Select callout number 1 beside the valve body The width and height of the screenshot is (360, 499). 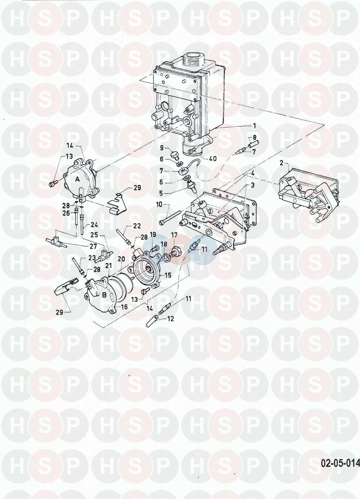(x=254, y=126)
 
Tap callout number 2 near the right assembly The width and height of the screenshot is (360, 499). (x=282, y=163)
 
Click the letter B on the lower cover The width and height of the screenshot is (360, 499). (x=104, y=295)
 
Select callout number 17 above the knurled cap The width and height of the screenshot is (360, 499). (x=174, y=235)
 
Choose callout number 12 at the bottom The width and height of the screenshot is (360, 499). (x=170, y=318)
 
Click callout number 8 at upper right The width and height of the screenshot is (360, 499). (x=255, y=137)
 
